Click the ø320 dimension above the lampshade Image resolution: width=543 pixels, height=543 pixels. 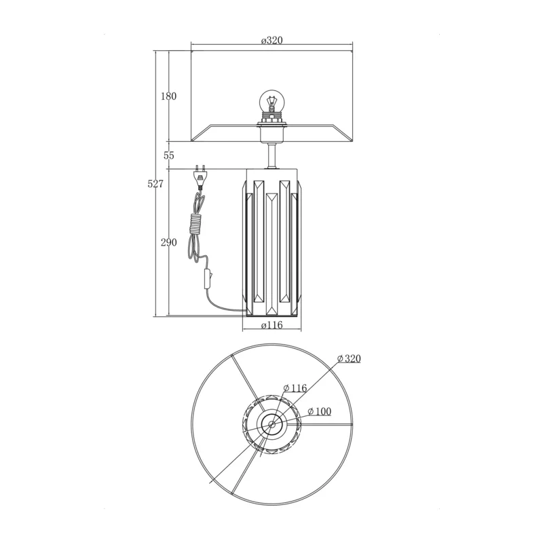(x=272, y=41)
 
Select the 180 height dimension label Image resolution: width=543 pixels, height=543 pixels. (x=168, y=96)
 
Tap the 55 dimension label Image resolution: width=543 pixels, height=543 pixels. (x=168, y=155)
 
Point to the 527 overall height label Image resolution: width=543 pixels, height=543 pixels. (x=155, y=184)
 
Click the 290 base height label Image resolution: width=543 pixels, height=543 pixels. (x=168, y=242)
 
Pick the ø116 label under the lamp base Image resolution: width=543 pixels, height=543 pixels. (x=272, y=325)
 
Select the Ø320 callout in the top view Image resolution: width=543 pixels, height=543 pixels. (x=349, y=358)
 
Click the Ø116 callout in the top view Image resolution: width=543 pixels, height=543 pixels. (x=295, y=388)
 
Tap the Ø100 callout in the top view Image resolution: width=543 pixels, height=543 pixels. (x=319, y=411)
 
